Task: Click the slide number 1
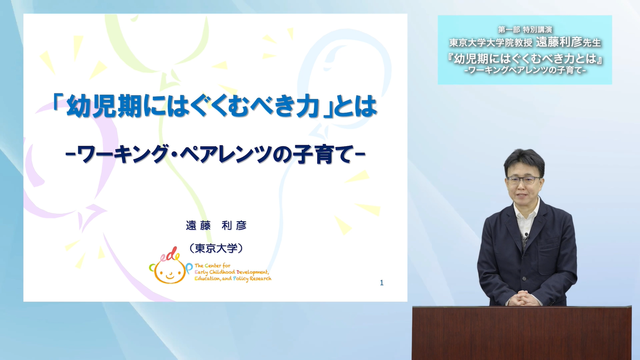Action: (x=381, y=283)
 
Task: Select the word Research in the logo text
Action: (x=260, y=278)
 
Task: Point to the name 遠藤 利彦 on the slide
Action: (x=216, y=225)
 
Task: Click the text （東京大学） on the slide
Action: (x=216, y=248)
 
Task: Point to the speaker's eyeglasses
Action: (x=523, y=180)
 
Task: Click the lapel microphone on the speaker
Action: (x=526, y=236)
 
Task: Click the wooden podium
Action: (x=522, y=333)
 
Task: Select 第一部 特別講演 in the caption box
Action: (x=525, y=30)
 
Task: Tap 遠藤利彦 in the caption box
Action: (x=559, y=42)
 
